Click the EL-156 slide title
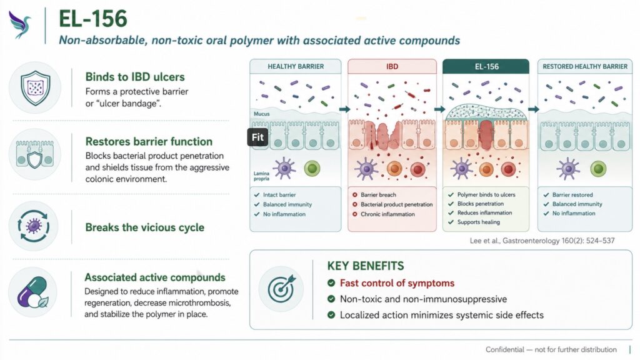coord(93,19)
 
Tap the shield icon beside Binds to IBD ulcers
coord(36,87)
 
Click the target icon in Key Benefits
coord(281,288)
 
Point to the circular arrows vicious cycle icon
coord(34,226)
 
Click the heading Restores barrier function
coord(149,142)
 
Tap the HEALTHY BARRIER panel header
coord(296,66)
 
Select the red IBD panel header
coord(392,66)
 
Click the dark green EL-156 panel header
coord(486,66)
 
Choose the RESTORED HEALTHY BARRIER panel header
coord(585,66)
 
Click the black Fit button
coord(257,137)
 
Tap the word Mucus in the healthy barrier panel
coord(262,114)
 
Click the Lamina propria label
coord(261,176)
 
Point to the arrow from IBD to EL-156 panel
coord(439,109)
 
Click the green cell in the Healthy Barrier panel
coord(312,168)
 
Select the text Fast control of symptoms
coord(397,283)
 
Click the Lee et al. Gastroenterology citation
coord(542,241)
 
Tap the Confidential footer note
coord(551,349)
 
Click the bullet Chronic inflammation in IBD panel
coord(387,214)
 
